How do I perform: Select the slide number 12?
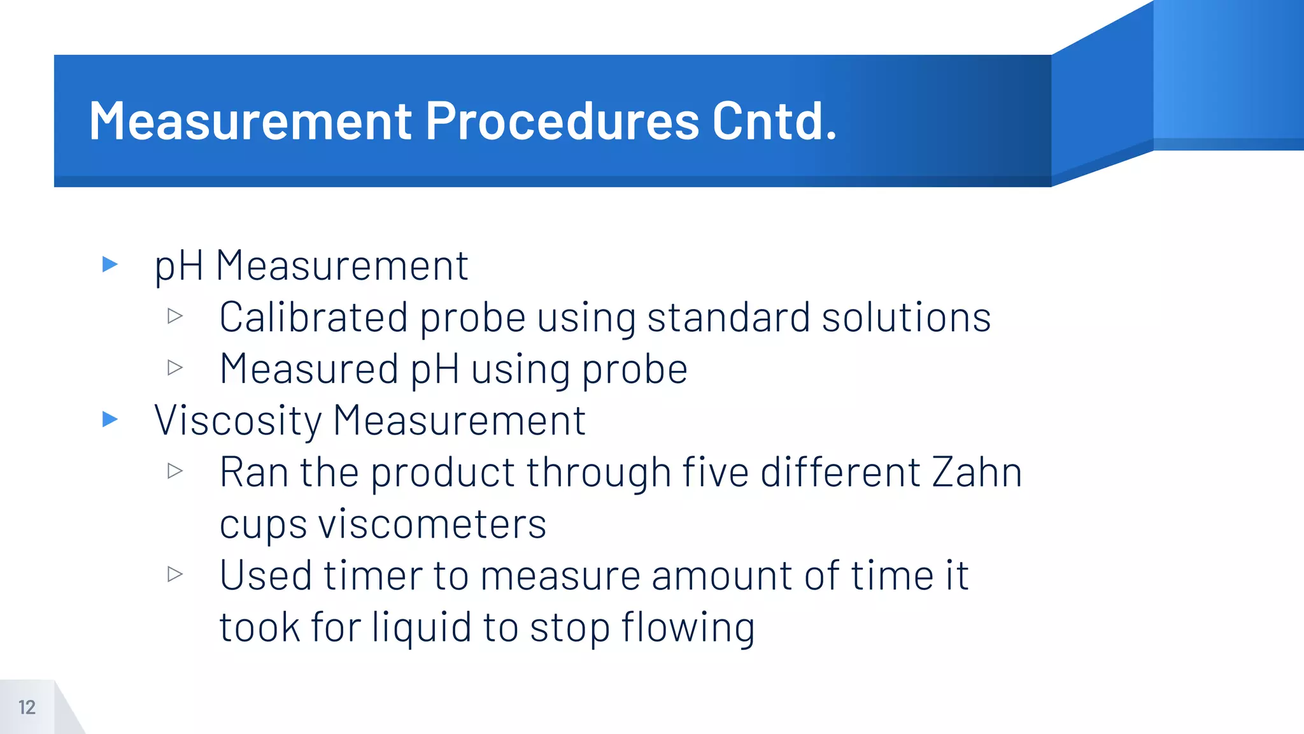(x=27, y=707)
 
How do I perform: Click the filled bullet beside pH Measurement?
(x=110, y=264)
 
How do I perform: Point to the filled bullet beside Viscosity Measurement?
(x=110, y=419)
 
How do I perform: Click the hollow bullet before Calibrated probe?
(x=175, y=315)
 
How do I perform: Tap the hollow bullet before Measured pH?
(x=175, y=367)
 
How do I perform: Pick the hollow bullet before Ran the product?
(x=175, y=471)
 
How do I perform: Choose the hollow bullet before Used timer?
(x=175, y=574)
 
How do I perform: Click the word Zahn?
(x=977, y=472)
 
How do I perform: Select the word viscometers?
(x=432, y=524)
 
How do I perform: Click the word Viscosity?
(x=238, y=421)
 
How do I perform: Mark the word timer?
(x=372, y=575)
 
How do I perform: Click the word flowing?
(x=688, y=628)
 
